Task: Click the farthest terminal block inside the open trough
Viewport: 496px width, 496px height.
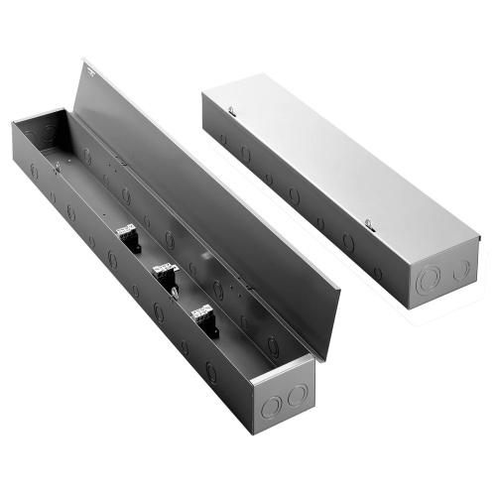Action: tap(127, 239)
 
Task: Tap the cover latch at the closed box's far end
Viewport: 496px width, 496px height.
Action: tap(230, 111)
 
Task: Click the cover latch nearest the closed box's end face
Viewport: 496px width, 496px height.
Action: tap(368, 222)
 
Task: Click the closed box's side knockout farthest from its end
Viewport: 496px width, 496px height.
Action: tap(221, 139)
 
